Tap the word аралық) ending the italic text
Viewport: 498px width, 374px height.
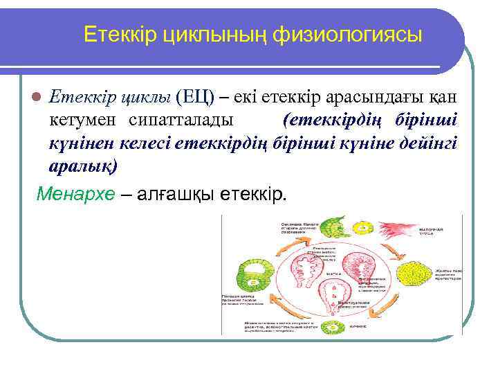pos(84,167)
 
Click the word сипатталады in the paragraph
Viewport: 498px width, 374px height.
pos(181,120)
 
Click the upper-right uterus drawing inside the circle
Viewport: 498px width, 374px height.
pos(360,266)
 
